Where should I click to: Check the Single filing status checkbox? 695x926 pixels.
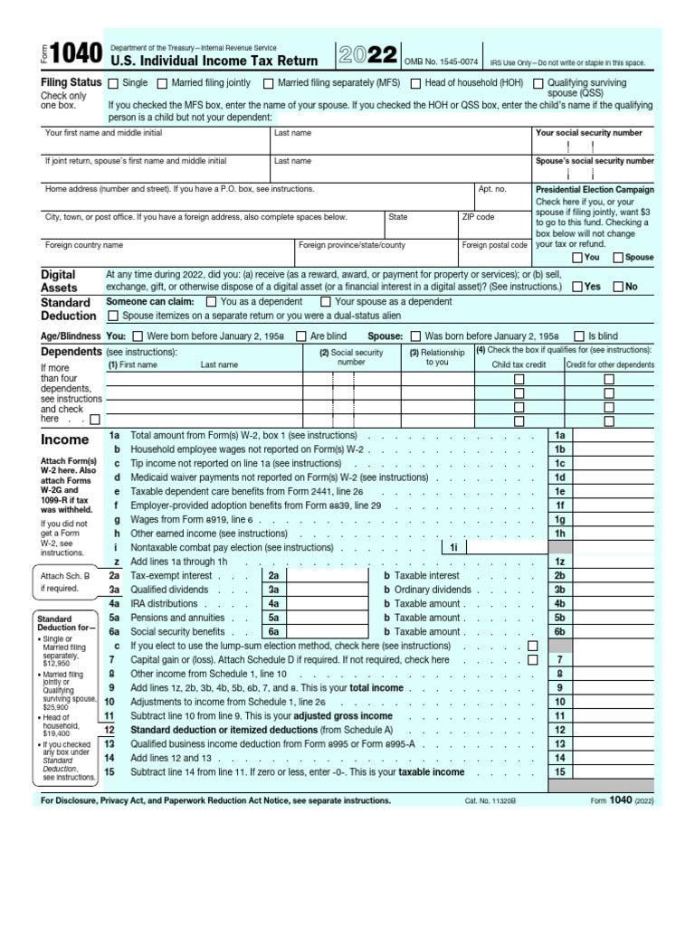[x=113, y=83]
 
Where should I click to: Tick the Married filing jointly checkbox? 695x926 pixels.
[x=163, y=83]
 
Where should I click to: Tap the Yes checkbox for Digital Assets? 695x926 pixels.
[x=576, y=287]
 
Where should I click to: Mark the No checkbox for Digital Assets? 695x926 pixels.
[x=617, y=287]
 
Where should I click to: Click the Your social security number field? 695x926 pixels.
[x=594, y=146]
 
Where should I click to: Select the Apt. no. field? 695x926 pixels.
[x=503, y=201]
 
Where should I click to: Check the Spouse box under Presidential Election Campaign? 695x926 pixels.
[x=618, y=258]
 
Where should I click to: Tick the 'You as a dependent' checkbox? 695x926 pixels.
[x=212, y=302]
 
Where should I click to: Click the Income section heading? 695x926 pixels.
[x=64, y=440]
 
